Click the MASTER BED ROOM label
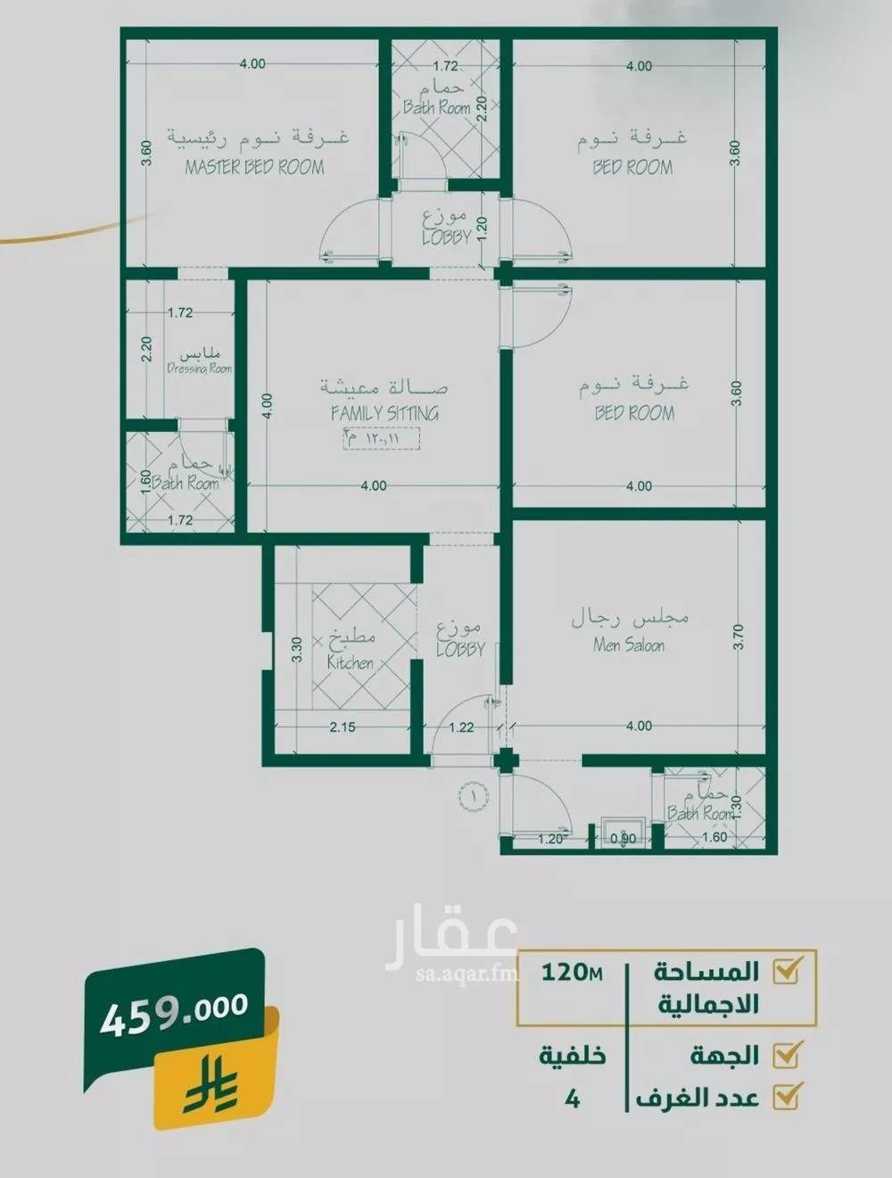click(x=254, y=167)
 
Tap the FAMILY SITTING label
click(x=384, y=413)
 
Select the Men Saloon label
click(x=629, y=644)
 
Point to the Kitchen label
click(x=350, y=662)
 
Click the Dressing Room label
click(x=199, y=369)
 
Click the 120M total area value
click(x=572, y=972)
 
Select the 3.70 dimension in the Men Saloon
click(x=737, y=638)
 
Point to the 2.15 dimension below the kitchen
click(x=343, y=726)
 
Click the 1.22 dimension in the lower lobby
click(x=461, y=726)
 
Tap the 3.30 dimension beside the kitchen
click(x=297, y=648)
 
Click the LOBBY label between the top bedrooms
click(x=446, y=237)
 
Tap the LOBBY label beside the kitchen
click(x=460, y=650)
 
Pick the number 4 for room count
click(x=573, y=1099)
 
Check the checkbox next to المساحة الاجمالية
click(x=787, y=970)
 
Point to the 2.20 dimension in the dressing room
click(x=148, y=348)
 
